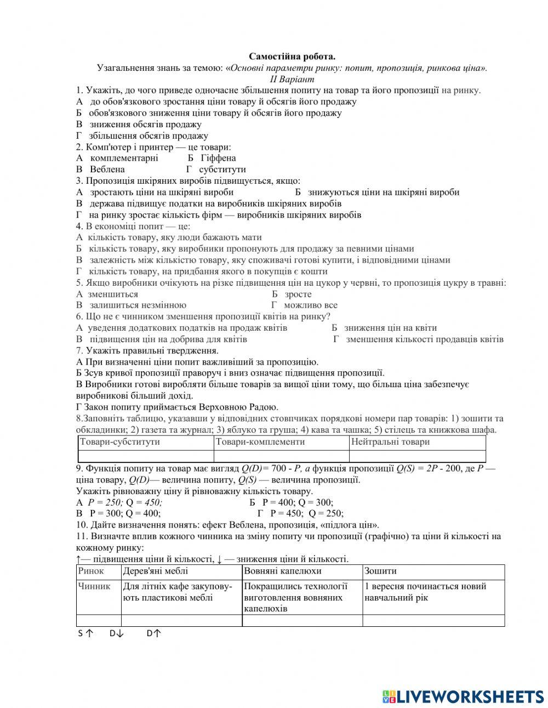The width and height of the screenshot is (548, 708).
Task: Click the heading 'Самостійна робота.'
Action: (292, 56)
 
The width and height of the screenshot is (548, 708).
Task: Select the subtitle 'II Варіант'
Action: (292, 79)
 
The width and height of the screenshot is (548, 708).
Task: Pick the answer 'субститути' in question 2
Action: (222, 169)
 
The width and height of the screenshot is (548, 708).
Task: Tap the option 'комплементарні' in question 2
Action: (124, 158)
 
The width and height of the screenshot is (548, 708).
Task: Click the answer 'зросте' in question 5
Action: (298, 294)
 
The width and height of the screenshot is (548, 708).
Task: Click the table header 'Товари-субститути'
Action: (120, 442)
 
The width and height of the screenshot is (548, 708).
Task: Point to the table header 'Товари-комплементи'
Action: (260, 442)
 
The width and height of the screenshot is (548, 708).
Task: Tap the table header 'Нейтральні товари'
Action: (390, 442)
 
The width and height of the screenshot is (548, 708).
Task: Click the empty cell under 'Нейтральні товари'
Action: (417, 456)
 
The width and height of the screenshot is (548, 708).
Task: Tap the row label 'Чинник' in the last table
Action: (94, 586)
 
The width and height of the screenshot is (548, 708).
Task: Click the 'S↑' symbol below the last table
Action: (85, 633)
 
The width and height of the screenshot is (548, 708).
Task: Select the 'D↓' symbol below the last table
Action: (117, 633)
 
